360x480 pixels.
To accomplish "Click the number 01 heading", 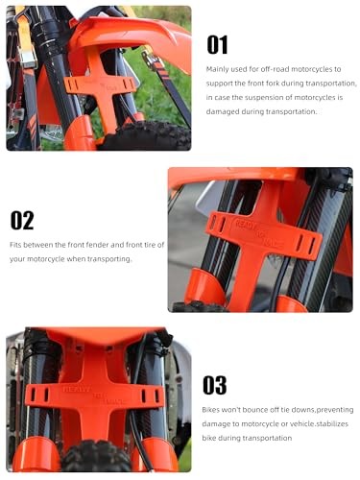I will pyautogui.click(x=218, y=46).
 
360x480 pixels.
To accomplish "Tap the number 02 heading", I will pyautogui.click(x=22, y=220).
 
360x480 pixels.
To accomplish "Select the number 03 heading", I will pyautogui.click(x=216, y=386).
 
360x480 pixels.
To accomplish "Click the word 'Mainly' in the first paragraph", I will pyautogui.click(x=218, y=70).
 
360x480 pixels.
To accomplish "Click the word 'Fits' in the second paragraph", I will pyautogui.click(x=16, y=245).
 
